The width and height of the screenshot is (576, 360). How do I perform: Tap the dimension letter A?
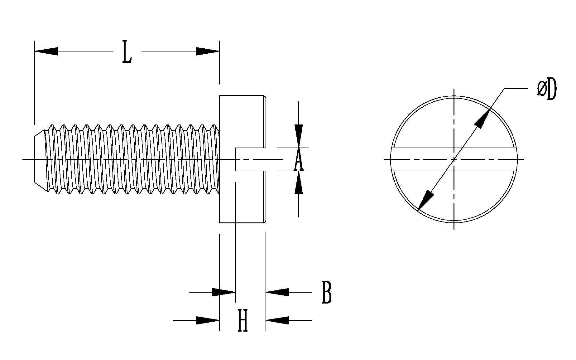[x=298, y=159]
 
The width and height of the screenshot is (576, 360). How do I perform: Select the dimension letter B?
[x=326, y=293]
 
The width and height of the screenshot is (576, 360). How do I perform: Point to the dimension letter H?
[x=242, y=320]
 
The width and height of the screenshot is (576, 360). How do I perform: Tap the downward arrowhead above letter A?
[x=299, y=135]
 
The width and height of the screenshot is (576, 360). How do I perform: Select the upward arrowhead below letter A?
[x=299, y=183]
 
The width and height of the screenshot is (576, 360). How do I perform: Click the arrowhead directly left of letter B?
[x=277, y=292]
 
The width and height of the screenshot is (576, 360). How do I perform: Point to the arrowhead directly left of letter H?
[x=208, y=320]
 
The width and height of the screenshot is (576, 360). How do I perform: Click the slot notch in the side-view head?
[x=250, y=159]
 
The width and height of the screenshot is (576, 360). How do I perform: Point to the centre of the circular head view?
[x=454, y=159]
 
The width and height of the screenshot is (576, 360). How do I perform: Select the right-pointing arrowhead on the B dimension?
[x=224, y=292]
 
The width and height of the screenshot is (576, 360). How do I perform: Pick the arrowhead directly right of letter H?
[x=277, y=320]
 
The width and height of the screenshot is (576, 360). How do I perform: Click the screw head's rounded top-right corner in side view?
[x=265, y=97]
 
